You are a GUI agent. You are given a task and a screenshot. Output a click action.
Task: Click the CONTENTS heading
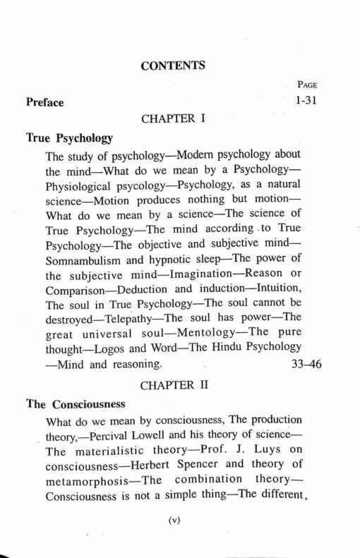(x=172, y=66)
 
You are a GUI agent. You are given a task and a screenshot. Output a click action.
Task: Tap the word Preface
(x=44, y=103)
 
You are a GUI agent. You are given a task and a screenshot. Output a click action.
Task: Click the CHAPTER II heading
(x=174, y=387)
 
